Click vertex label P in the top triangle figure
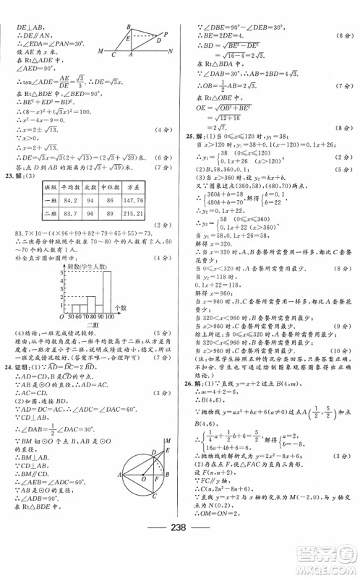tap(166, 33)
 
